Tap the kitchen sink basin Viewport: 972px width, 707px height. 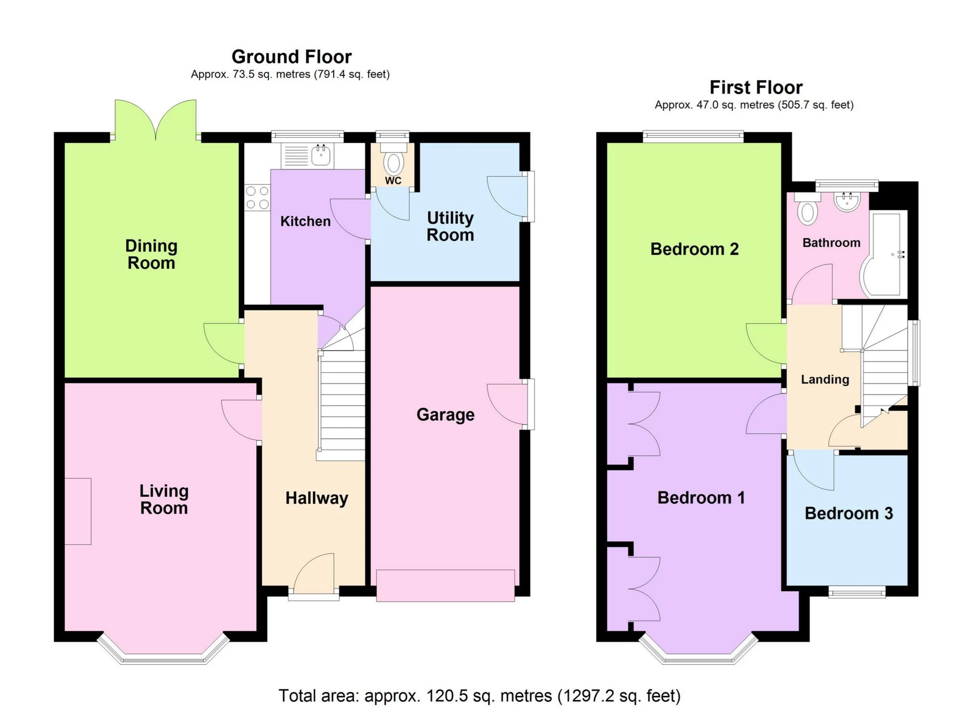pos(321,155)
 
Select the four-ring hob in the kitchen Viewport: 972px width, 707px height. pos(257,198)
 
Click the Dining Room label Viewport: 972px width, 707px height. pos(151,254)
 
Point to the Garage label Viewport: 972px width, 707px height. pos(445,415)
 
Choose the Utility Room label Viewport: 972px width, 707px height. pos(450,227)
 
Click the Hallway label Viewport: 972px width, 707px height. pos(317,499)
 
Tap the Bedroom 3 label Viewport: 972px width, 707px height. pos(849,514)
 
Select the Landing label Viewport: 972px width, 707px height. pos(825,380)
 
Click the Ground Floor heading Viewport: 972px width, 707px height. pos(291,57)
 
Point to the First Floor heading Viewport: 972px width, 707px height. pos(756,87)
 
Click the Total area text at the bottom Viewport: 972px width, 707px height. pos(480,695)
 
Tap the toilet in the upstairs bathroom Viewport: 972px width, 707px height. pos(807,209)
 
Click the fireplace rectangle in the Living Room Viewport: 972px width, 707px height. pos(78,511)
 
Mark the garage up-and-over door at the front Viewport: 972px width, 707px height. pos(445,586)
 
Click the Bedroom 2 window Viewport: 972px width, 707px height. pos(693,136)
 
